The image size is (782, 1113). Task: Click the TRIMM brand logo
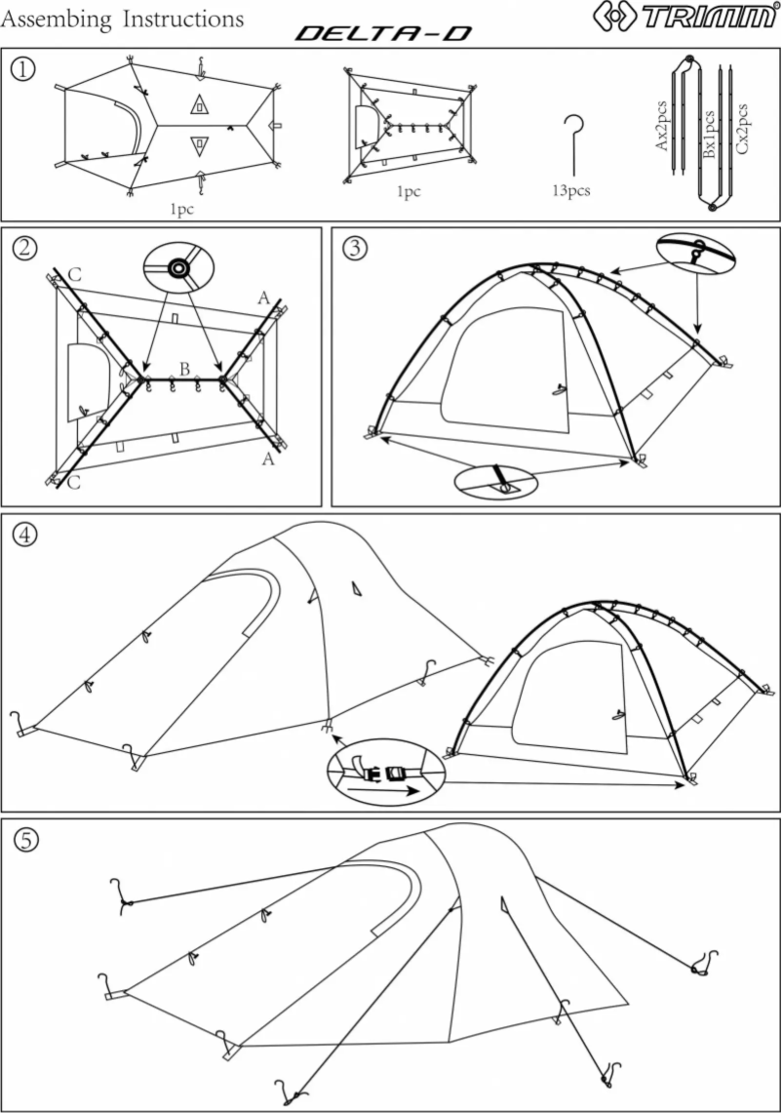(x=688, y=19)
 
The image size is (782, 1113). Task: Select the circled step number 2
(x=23, y=248)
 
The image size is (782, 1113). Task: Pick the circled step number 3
(x=355, y=248)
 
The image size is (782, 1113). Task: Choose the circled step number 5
(x=23, y=838)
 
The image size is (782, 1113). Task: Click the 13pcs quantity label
(x=571, y=191)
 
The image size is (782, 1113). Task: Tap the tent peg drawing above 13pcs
(x=573, y=142)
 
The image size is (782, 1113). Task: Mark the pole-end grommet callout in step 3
(x=496, y=481)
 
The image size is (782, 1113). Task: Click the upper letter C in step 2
(x=75, y=274)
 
